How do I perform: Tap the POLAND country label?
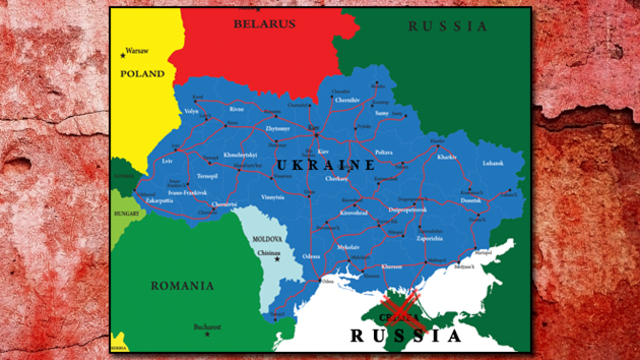pyautogui.click(x=143, y=74)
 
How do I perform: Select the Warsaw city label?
pyautogui.click(x=136, y=50)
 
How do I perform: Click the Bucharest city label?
pyautogui.click(x=207, y=326)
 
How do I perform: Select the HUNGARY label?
pyautogui.click(x=126, y=213)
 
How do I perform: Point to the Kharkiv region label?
pyautogui.click(x=446, y=157)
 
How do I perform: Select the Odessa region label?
pyautogui.click(x=312, y=258)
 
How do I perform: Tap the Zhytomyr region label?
pyautogui.click(x=278, y=129)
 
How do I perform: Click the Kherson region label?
pyautogui.click(x=392, y=267)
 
